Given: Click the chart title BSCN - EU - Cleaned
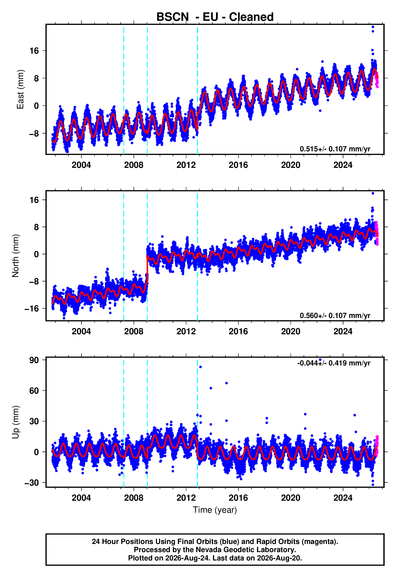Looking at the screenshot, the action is [x=215, y=17].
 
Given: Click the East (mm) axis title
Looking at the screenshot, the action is [x=20, y=89].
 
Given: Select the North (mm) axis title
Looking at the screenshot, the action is [x=15, y=256].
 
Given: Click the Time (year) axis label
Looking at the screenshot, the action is [x=215, y=510].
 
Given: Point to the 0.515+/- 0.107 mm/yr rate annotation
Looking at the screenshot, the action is [x=335, y=149].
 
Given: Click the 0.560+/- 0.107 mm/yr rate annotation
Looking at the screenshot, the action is [x=335, y=315].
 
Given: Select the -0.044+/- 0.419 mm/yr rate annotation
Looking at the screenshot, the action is [x=334, y=363].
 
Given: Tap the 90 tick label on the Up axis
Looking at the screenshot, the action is [x=34, y=360].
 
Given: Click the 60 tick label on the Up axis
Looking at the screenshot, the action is [x=34, y=391].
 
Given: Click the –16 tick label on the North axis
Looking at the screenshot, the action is [x=32, y=309].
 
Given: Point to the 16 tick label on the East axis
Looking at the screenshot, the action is [x=34, y=51].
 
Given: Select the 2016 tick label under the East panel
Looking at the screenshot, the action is [x=238, y=165].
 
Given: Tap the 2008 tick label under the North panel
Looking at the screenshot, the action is [x=134, y=331].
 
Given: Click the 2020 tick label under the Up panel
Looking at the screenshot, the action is [x=291, y=498].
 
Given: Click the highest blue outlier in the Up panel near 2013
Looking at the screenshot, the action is [x=200, y=367].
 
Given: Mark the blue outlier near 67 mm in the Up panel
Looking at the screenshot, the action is [x=226, y=383].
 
